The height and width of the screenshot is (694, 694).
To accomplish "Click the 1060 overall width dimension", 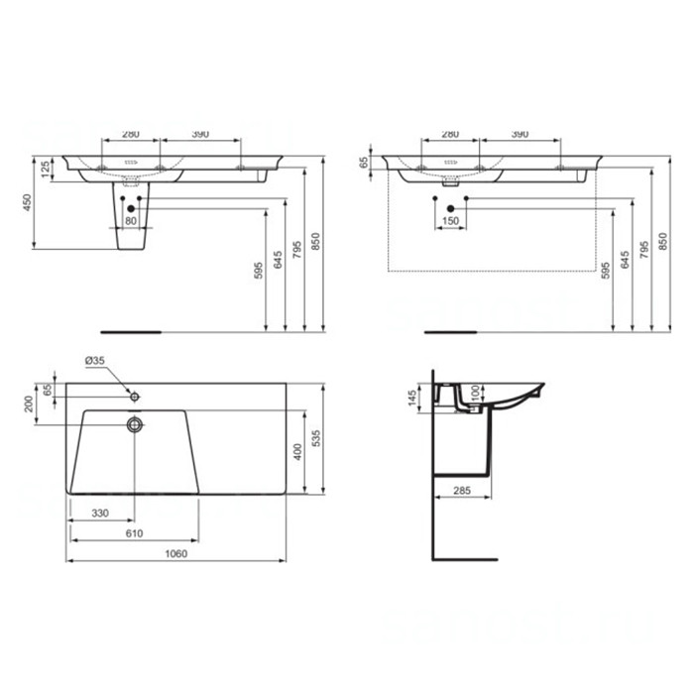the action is (x=176, y=553).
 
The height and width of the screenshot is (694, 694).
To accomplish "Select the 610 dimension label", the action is (x=134, y=533).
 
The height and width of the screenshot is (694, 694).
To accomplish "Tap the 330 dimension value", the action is (x=100, y=513).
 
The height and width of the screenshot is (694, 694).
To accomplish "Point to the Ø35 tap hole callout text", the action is (x=95, y=361).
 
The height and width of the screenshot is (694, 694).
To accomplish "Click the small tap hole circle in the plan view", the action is (x=135, y=397).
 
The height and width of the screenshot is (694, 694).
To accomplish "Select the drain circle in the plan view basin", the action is (x=135, y=424).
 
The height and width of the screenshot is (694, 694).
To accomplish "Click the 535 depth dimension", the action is (x=315, y=438).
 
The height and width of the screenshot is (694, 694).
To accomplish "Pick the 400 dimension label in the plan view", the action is (x=297, y=452).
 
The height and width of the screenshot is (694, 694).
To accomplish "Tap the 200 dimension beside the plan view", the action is (x=29, y=405).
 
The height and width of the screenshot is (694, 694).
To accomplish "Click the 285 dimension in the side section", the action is (x=462, y=491).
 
